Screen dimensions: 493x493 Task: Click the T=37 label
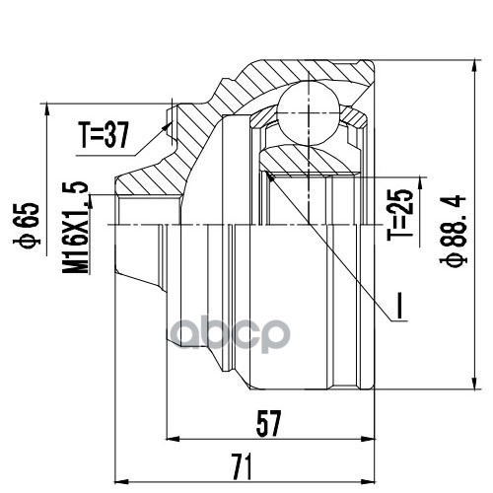coord(104,137)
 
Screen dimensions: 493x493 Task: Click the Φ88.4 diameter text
coord(456,226)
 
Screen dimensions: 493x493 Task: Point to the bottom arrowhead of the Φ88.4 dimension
coord(439,390)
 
